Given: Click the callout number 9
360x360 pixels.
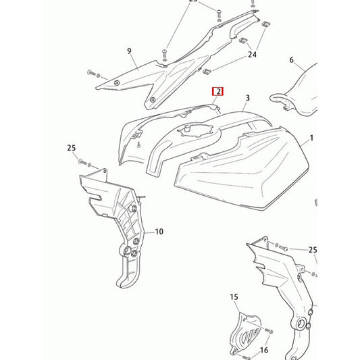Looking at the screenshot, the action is pos(129,51).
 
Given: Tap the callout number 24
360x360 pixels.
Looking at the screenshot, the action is pos(252,55).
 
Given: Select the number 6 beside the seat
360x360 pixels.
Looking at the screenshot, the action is pos(291,60).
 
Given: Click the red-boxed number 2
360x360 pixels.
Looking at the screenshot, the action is pos(217,92).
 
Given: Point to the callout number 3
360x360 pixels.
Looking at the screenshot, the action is pos(247,98).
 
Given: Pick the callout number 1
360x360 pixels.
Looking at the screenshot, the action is pos(311,138).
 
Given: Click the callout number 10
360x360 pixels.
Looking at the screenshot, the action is pos(159,232).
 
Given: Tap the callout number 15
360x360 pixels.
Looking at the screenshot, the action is pos(234,297).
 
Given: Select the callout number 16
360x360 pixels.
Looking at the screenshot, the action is pos(264,350).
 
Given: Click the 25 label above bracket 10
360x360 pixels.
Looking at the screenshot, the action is pos(72,148).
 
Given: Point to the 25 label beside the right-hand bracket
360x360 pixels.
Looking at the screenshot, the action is pos(313,250).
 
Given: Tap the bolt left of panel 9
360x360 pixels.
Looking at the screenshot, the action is pos(91,73).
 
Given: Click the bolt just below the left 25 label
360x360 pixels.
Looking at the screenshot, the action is pos(82,162).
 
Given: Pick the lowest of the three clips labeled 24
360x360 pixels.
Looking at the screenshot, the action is pos(207,72).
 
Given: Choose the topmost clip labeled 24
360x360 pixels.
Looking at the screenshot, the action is pos(266,24).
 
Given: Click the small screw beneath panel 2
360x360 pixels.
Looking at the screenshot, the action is pos(138,145).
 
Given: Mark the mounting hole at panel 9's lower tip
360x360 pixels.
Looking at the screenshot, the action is pos(153,100).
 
